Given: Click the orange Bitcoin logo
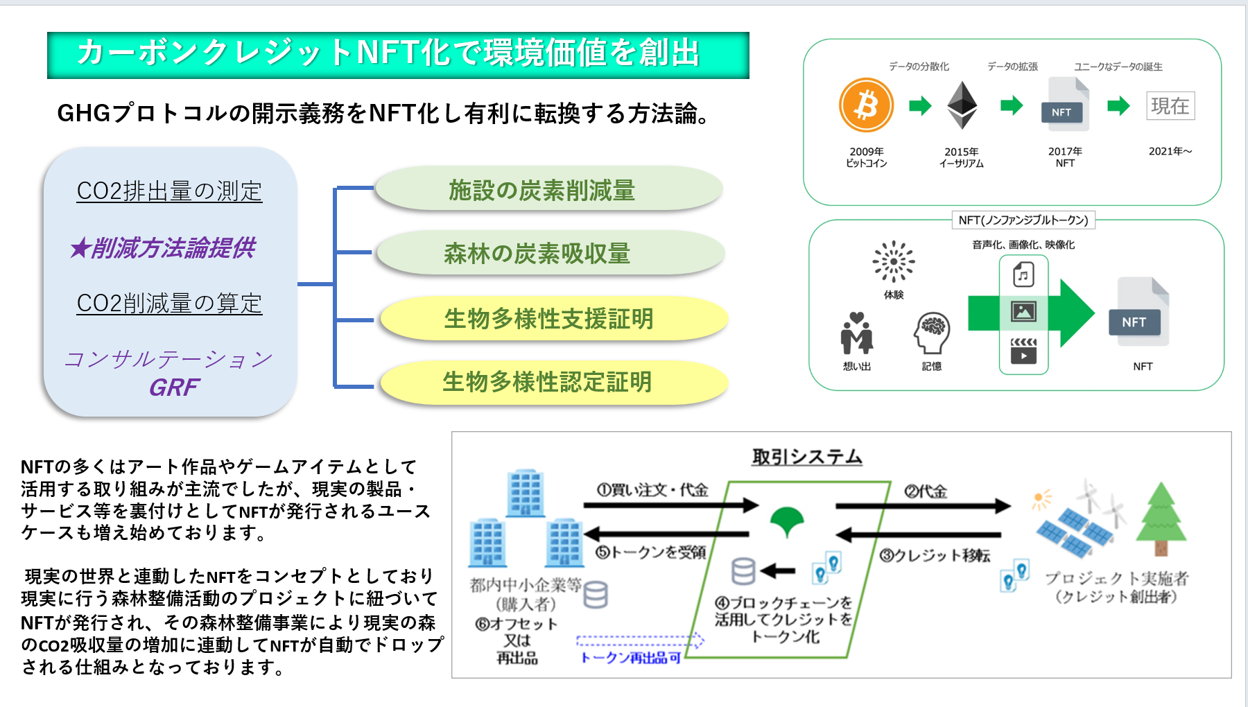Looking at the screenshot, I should (x=866, y=105).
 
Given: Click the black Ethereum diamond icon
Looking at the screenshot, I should (x=962, y=105).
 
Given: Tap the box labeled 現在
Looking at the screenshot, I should (x=1170, y=105).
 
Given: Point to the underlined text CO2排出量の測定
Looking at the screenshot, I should (x=169, y=191).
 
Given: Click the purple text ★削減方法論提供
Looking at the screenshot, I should (x=164, y=247).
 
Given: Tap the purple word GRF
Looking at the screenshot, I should (x=174, y=387).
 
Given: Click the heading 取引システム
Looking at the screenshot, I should (x=807, y=457).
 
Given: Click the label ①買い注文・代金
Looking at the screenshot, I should (x=652, y=490).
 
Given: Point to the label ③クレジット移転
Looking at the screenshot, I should (x=935, y=555).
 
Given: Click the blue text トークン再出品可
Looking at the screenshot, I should (x=630, y=657).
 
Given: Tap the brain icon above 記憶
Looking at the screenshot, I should (x=932, y=333).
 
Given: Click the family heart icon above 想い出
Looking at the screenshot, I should (x=857, y=333).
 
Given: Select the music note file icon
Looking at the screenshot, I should (x=1023, y=274).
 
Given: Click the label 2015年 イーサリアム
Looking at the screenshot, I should (x=962, y=157).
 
